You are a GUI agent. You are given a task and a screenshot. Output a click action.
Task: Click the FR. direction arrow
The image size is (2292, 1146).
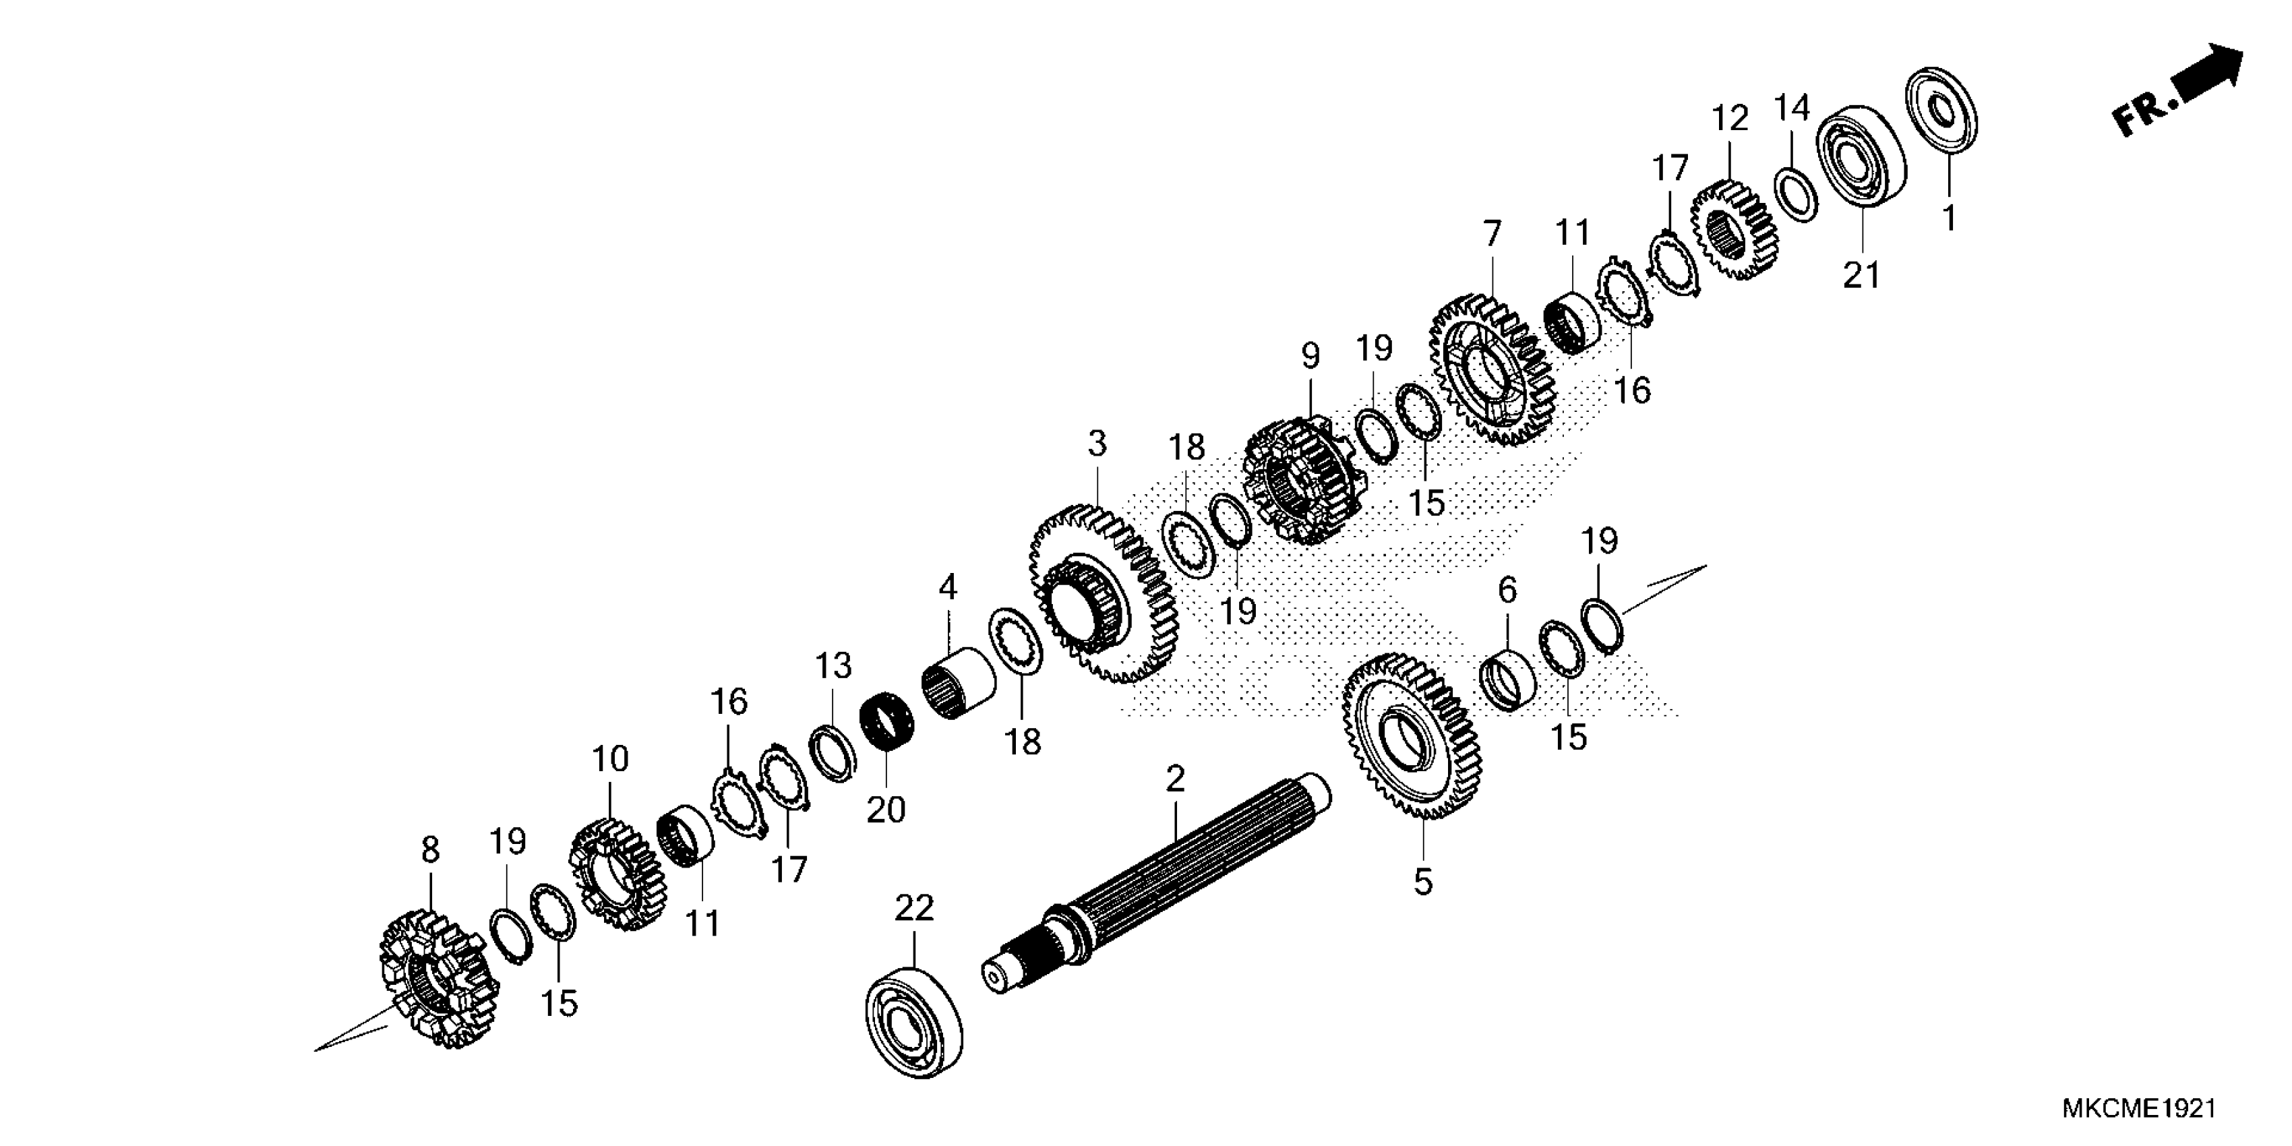coord(2180,89)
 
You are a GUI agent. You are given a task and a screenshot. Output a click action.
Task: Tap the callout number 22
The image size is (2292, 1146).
coord(915,909)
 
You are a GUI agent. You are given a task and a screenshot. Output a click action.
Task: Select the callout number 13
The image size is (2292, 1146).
coord(834,665)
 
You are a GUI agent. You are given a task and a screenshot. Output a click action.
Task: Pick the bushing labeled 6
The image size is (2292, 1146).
coord(1507,682)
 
